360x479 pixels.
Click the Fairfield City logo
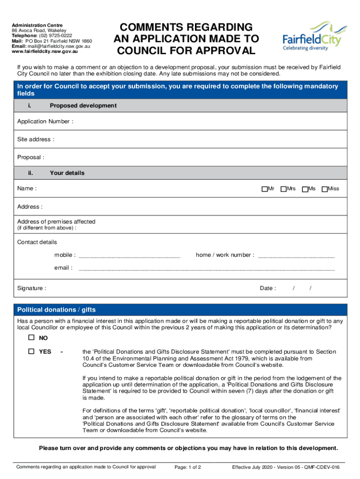pyautogui.click(x=312, y=36)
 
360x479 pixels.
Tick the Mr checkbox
pyautogui.click(x=264, y=189)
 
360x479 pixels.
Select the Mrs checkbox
pyautogui.click(x=283, y=189)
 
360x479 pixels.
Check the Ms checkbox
pyautogui.click(x=305, y=189)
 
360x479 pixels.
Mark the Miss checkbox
pyautogui.click(x=324, y=189)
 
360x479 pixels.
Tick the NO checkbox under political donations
pyautogui.click(x=31, y=338)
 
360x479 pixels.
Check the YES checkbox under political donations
pyautogui.click(x=31, y=351)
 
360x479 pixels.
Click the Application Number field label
pyautogui.click(x=45, y=122)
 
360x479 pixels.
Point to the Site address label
pyautogui.click(x=36, y=139)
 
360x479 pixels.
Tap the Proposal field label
pyautogui.click(x=31, y=157)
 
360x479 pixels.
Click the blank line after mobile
pyautogui.click(x=130, y=256)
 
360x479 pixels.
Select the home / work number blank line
pyautogui.click(x=296, y=256)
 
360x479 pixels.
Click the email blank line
pyautogui.click(x=207, y=269)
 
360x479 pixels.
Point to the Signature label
pyautogui.click(x=31, y=288)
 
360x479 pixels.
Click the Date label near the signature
pyautogui.click(x=267, y=288)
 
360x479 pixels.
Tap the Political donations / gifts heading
pyautogui.click(x=56, y=310)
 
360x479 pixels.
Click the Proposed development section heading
pyautogui.click(x=83, y=106)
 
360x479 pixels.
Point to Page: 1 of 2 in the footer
pyautogui.click(x=187, y=467)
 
